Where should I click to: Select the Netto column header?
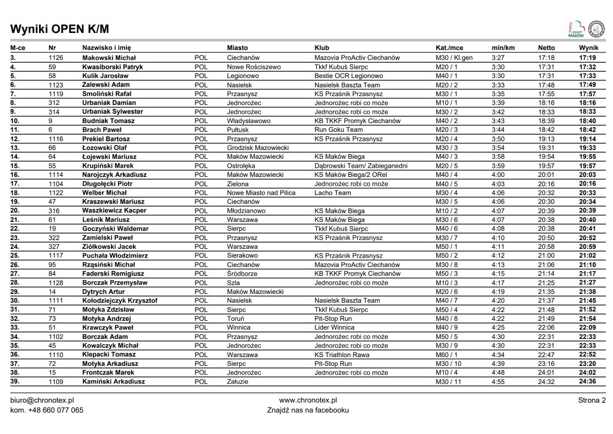546,48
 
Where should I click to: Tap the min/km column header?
503,48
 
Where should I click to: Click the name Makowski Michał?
109,58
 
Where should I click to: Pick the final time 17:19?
587,58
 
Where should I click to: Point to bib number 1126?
56,58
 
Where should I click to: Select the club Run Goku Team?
338,130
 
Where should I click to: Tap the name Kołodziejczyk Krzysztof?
120,301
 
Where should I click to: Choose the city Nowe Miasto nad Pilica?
261,193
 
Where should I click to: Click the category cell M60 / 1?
446,354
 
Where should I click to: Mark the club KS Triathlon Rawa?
342,354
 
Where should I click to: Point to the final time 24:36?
587,381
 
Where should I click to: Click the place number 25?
15,255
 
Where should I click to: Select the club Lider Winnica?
335,327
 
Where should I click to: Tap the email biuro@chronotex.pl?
42,400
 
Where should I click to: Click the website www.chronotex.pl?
308,400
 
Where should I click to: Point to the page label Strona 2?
592,400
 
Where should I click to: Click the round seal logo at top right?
595,29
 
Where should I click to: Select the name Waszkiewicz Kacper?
114,210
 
